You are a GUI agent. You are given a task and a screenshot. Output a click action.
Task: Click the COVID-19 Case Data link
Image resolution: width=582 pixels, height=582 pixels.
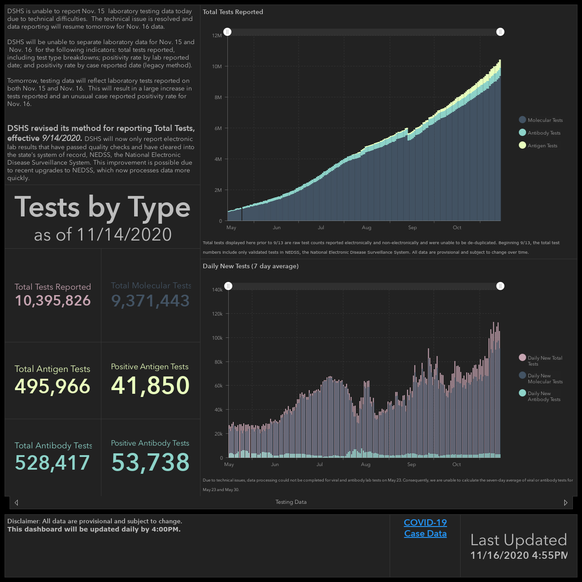(x=425, y=528)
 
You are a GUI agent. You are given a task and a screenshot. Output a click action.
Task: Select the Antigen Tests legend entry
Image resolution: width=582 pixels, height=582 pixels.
(x=538, y=145)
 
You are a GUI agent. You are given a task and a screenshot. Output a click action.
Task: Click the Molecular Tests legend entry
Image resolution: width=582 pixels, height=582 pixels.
(x=541, y=120)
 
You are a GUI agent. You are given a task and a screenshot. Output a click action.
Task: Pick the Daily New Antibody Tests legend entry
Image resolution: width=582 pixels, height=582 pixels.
(x=539, y=396)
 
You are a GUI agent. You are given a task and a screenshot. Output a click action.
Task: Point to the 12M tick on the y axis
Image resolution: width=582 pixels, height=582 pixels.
(x=217, y=35)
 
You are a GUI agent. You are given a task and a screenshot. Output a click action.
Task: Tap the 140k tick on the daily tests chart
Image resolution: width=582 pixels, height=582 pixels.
(x=217, y=290)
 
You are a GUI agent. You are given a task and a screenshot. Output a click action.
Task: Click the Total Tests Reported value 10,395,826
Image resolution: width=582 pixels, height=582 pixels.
(x=53, y=301)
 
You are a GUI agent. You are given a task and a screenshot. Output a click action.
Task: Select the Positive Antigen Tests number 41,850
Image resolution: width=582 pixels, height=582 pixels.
(x=150, y=385)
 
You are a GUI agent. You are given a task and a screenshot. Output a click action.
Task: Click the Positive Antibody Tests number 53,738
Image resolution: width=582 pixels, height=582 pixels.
(x=150, y=462)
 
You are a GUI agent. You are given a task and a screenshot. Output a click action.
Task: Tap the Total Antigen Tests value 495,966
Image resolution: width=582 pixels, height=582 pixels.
(x=53, y=386)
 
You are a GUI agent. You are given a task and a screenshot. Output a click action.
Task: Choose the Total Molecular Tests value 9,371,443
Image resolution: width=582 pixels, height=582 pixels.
(x=151, y=301)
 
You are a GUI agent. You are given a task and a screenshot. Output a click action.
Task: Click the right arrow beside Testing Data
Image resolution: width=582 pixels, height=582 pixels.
(x=565, y=502)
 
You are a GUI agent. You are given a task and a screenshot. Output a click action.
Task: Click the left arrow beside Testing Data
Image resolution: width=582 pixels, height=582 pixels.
(x=16, y=502)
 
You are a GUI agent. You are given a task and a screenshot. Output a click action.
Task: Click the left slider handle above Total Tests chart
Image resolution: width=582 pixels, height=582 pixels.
(x=227, y=32)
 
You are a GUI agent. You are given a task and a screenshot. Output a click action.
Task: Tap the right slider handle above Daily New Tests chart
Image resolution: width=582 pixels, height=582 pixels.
(x=500, y=286)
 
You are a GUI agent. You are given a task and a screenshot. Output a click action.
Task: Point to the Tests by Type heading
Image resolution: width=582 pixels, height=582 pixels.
(x=102, y=207)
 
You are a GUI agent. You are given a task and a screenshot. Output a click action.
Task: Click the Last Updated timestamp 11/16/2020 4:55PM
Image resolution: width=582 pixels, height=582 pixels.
(x=519, y=555)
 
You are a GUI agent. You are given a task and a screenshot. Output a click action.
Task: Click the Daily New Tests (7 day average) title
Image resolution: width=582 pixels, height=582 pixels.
(x=251, y=266)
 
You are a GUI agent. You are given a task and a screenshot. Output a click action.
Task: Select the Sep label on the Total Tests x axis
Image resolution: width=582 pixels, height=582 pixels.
(x=412, y=228)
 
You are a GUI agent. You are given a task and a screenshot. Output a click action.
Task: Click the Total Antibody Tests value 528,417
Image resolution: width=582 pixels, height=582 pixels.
(x=52, y=462)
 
